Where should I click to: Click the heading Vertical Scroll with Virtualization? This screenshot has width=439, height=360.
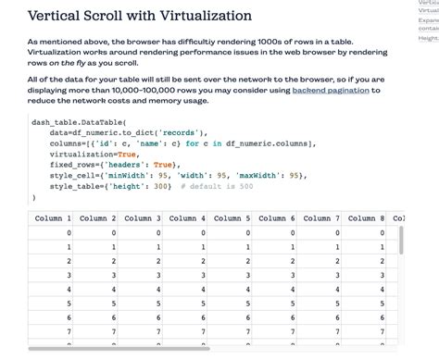click(x=139, y=16)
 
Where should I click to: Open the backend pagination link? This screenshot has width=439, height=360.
click(x=331, y=91)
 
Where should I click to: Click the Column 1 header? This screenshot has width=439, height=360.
click(x=53, y=218)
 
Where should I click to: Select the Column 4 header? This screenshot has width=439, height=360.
click(x=187, y=218)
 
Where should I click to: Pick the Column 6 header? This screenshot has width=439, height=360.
click(x=276, y=218)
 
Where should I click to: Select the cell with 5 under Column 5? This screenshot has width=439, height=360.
click(x=247, y=303)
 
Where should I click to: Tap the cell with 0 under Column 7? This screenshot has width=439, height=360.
click(x=336, y=233)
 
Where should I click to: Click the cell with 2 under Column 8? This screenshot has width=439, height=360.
click(x=381, y=261)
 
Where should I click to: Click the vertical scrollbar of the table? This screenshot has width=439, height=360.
click(x=402, y=241)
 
